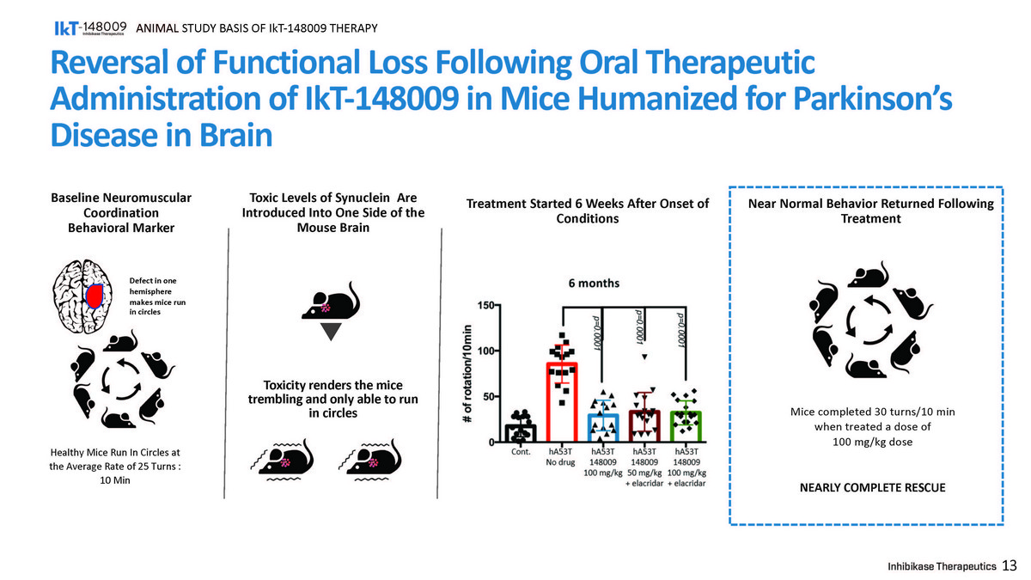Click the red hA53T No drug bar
tap(561, 402)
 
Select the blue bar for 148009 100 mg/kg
tap(603, 428)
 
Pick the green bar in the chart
tap(686, 427)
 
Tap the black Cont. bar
tap(521, 433)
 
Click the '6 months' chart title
tap(593, 283)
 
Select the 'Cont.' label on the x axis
tap(521, 450)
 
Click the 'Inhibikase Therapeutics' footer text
tap(942, 566)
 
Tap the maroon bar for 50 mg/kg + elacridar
tap(644, 426)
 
